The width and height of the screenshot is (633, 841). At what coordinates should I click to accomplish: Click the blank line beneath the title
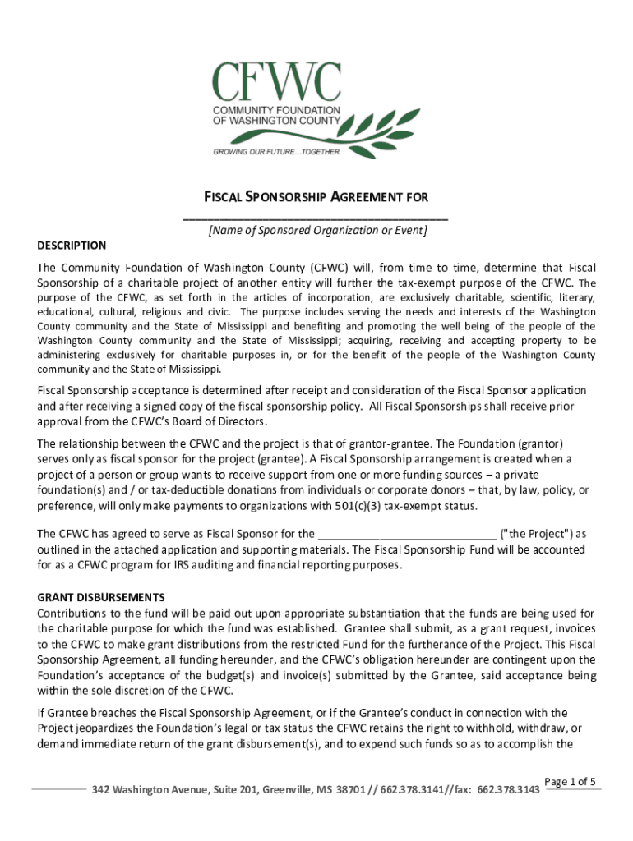(316, 218)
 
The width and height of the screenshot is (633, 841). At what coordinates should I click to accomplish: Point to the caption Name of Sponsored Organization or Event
(316, 231)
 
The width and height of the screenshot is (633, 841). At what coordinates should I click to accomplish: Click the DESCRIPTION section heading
(72, 245)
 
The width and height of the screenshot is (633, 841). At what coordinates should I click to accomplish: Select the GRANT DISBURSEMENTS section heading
(101, 597)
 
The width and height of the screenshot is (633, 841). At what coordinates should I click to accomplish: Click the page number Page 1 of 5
(571, 781)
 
